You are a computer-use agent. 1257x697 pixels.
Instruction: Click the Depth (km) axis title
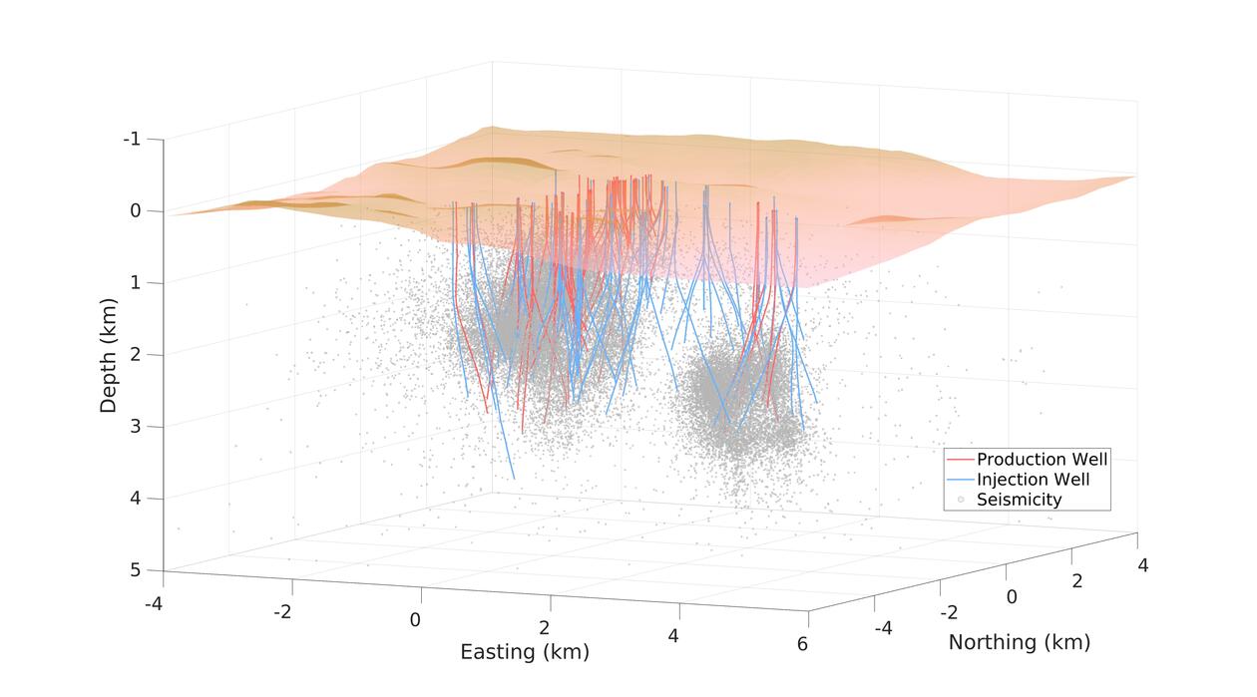click(x=109, y=354)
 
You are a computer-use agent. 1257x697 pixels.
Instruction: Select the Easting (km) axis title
click(x=524, y=652)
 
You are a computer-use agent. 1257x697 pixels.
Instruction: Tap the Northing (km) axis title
click(x=1019, y=642)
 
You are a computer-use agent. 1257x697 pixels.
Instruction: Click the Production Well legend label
click(x=1042, y=460)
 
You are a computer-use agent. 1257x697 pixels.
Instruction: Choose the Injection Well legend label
click(x=1033, y=480)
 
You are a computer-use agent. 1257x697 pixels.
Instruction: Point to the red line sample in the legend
click(x=960, y=460)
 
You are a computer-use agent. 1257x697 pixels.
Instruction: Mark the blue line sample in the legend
click(x=960, y=480)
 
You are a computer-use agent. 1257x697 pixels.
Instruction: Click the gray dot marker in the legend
click(x=960, y=500)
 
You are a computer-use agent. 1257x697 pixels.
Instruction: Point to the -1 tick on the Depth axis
click(x=131, y=139)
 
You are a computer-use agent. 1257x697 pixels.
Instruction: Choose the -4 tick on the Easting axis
click(x=154, y=604)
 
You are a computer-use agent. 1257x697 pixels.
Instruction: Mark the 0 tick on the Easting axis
click(x=415, y=620)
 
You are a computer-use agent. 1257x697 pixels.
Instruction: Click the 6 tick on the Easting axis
click(x=802, y=644)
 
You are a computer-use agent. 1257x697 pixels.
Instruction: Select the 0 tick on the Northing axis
click(x=1011, y=596)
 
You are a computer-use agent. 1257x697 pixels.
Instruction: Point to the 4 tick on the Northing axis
click(x=1142, y=565)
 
